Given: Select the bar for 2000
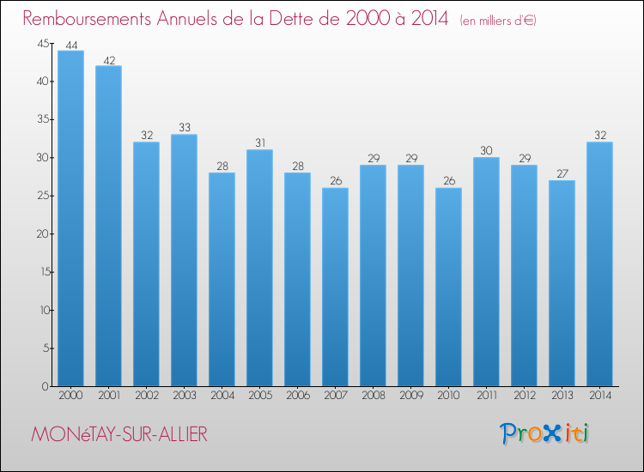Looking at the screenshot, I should [70, 219].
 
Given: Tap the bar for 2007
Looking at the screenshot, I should [335, 287].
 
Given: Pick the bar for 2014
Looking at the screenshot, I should [599, 264].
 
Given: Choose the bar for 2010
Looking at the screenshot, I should [448, 287].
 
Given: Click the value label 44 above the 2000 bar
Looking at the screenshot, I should [70, 44].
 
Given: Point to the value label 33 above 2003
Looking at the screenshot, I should [184, 127].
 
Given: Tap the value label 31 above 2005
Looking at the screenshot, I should [259, 142].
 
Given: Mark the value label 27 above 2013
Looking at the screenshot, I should [562, 173].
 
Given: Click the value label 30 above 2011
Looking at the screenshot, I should [486, 150].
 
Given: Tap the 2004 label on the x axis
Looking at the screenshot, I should [222, 396].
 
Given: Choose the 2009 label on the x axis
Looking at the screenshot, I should [410, 396].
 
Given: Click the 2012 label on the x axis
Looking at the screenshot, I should [524, 396].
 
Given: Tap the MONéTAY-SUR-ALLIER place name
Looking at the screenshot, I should [118, 434].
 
